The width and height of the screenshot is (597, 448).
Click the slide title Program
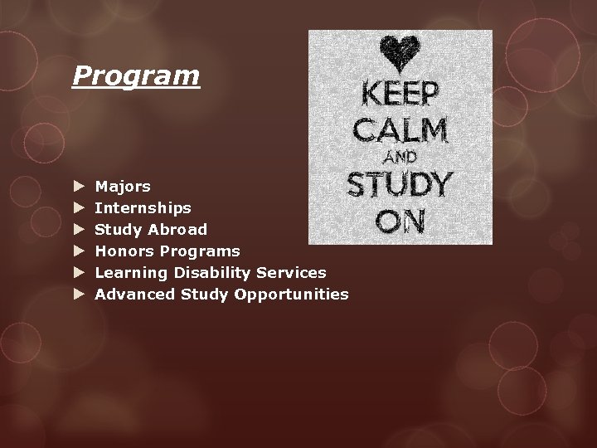tap(136, 75)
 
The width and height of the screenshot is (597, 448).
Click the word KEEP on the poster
tap(400, 94)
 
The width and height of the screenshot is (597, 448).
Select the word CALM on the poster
tap(400, 130)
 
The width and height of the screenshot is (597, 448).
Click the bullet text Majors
tap(123, 187)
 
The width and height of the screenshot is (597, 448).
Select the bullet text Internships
tap(143, 207)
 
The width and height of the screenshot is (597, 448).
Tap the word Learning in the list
tap(131, 272)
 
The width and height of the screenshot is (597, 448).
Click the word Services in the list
tap(291, 272)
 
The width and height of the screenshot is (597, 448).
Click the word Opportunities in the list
tap(291, 295)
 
